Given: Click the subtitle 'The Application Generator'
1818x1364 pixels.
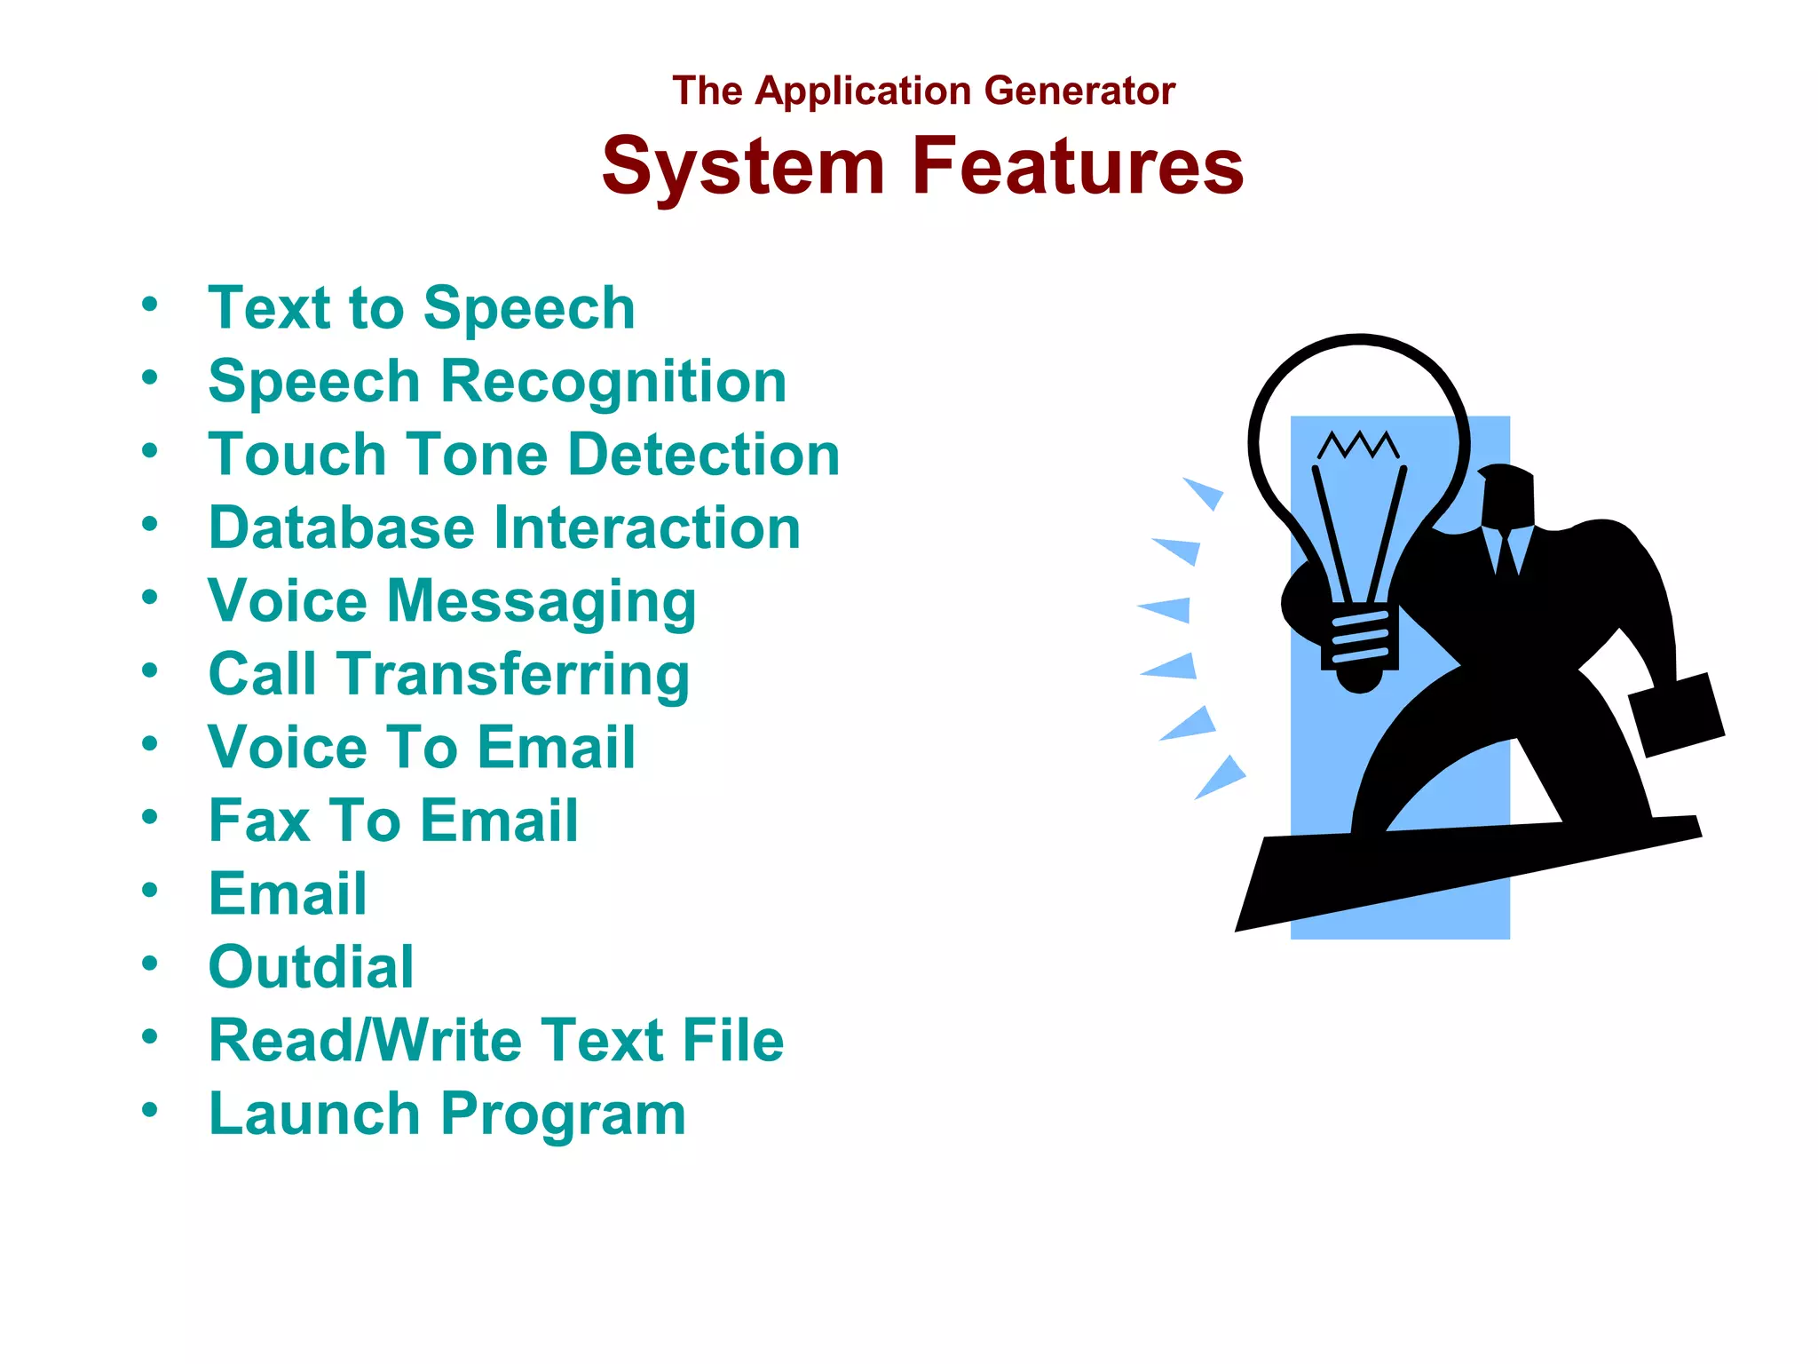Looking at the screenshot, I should pos(923,91).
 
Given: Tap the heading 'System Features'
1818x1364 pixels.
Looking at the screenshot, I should pos(922,166).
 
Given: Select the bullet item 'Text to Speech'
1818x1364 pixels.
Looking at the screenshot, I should pos(422,308).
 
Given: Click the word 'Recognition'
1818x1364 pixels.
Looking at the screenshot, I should pos(613,382).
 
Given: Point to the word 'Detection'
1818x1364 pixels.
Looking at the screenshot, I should pos(703,455).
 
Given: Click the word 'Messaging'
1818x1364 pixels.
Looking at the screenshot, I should pos(541,602).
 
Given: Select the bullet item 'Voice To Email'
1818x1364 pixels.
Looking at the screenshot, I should pos(422,747).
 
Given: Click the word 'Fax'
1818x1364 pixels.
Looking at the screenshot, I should pos(259,821).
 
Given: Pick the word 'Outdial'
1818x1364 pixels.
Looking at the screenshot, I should pos(311,967).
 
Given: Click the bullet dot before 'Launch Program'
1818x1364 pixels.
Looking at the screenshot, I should pos(150,1109).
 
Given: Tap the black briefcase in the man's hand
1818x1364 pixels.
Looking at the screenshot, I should pos(1677,715).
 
